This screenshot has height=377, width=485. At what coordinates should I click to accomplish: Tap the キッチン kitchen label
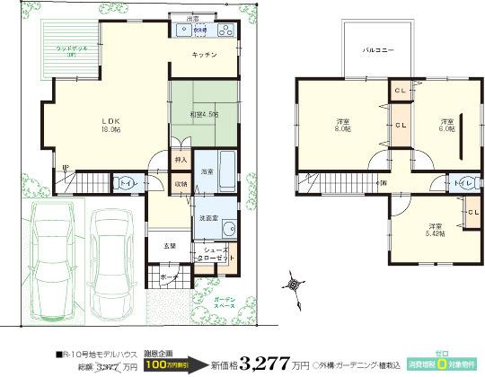pos(206,56)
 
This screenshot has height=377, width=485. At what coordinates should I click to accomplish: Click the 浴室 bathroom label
pos(207,171)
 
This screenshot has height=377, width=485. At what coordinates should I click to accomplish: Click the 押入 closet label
pos(181,160)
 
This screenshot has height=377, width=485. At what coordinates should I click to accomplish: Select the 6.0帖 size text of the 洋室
pos(446,128)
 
